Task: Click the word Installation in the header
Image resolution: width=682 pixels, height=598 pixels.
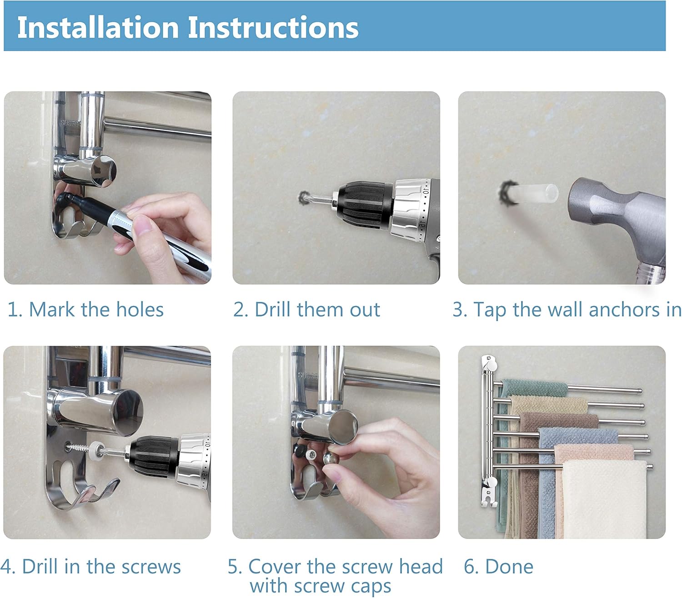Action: point(98,27)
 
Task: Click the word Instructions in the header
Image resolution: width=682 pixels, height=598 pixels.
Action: point(273,27)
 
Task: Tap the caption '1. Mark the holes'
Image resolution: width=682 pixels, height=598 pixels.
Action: point(85,309)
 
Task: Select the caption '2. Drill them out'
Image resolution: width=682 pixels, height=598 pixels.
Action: point(306,309)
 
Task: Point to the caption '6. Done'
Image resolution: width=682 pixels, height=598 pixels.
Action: point(498,566)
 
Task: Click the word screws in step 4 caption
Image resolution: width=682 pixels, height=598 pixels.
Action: point(151,567)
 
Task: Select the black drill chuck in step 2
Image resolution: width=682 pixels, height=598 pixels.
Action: point(365,204)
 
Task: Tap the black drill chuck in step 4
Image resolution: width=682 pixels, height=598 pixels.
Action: point(154,456)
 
